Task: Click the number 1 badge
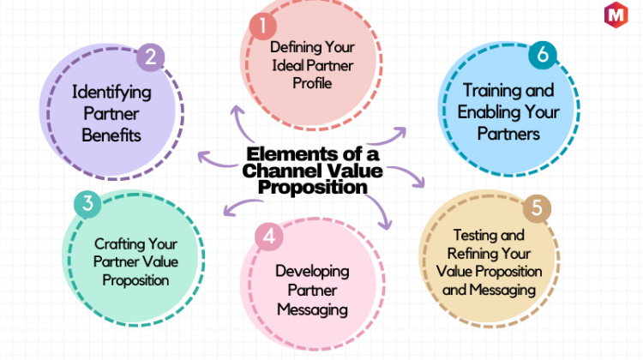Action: click(x=263, y=26)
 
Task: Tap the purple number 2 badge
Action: click(x=151, y=57)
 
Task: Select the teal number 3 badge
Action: click(x=87, y=204)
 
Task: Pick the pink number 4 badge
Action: click(x=269, y=237)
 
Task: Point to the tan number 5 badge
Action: click(x=537, y=208)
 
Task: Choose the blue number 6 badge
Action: click(x=543, y=55)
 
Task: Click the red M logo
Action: click(x=616, y=15)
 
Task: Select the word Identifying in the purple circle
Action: click(x=111, y=93)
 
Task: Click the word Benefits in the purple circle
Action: click(x=111, y=135)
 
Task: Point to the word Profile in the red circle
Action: click(x=312, y=83)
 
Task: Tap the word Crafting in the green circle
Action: click(x=118, y=244)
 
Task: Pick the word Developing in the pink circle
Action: click(x=312, y=272)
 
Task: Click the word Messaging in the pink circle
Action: click(x=312, y=310)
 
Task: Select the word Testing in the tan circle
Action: click(x=474, y=236)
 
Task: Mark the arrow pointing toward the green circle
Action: click(x=242, y=207)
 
